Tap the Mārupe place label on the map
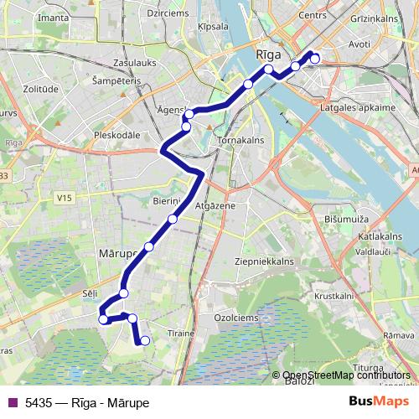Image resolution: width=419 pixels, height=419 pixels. coord(117,252)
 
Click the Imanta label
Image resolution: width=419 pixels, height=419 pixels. coord(53,17)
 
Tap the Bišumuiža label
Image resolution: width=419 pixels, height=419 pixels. coord(345,219)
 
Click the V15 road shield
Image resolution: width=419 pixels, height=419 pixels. coord(63,198)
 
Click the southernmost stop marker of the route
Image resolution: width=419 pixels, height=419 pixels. coord(145,340)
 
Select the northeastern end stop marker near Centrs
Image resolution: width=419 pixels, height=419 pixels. coord(314,58)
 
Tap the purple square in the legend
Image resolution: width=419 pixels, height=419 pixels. coord(12,402)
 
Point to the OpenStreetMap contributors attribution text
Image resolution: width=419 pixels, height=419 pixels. coord(347,375)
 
